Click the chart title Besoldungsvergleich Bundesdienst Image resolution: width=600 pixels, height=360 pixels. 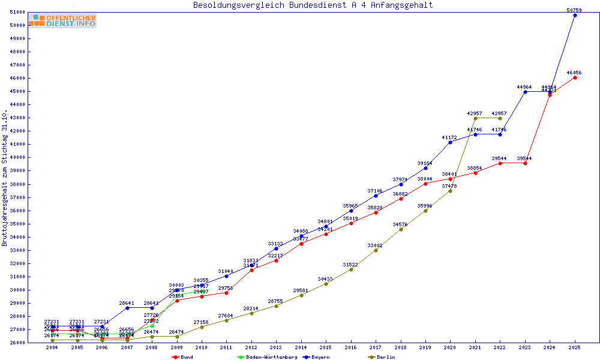pos(313,5)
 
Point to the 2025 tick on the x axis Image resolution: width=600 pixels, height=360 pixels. pos(575,348)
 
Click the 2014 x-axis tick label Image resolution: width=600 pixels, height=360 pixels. pos(301,348)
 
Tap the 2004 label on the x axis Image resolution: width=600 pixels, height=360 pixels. pos(52,348)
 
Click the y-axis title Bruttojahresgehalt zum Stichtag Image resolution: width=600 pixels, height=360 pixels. pos(5,178)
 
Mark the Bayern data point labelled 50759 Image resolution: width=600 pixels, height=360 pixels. pos(575,15)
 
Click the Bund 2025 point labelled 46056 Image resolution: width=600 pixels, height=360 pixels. pos(575,77)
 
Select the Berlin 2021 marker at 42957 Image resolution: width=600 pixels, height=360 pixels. pos(475,118)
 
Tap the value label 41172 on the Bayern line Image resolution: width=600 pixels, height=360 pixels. pos(449,138)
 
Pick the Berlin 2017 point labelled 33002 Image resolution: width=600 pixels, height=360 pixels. pos(376,250)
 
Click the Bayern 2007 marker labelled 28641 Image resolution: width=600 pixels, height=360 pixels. pos(127,308)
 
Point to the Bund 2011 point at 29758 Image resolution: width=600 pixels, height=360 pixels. pos(226,293)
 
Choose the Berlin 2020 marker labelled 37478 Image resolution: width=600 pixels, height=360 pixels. pos(450,191)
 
